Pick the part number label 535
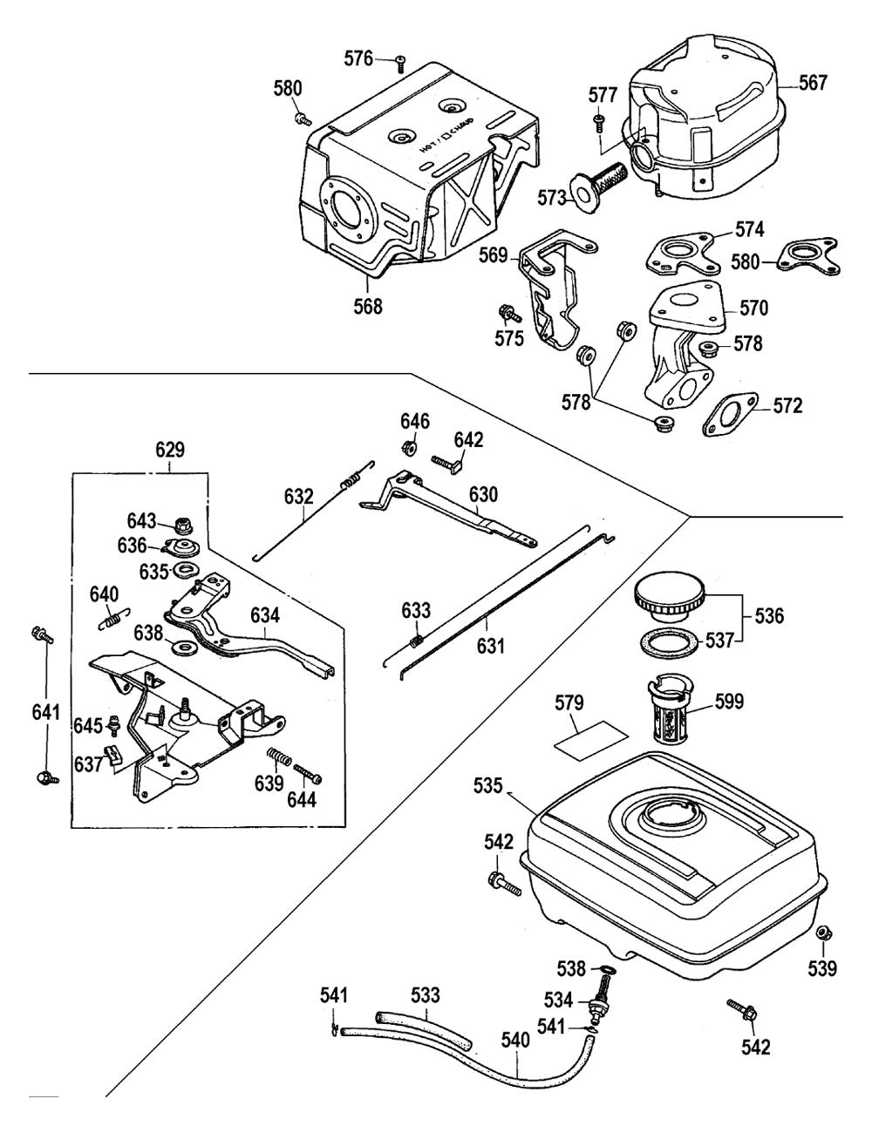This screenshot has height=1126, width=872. tap(489, 786)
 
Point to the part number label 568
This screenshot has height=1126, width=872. tap(367, 307)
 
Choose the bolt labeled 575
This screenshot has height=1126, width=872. tap(506, 311)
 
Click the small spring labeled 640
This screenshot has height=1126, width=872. tap(110, 620)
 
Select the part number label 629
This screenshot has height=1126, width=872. tap(170, 450)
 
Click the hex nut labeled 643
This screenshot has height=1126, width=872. tap(184, 525)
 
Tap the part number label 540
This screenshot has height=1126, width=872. tap(515, 1040)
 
